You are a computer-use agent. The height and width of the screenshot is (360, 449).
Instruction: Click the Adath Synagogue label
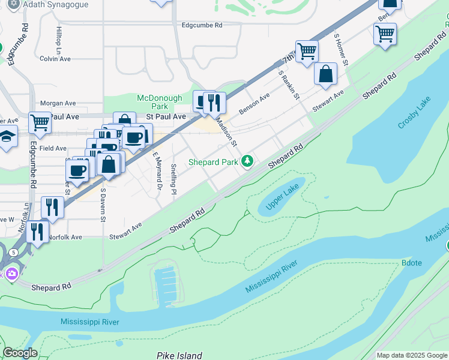[x=56, y=5]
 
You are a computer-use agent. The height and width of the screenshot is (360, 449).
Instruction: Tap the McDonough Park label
[x=159, y=102]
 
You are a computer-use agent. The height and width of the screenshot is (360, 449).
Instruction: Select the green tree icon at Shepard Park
[x=247, y=161]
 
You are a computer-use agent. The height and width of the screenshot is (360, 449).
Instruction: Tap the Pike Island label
[x=179, y=355]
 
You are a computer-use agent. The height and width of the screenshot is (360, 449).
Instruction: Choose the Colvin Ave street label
[x=55, y=59]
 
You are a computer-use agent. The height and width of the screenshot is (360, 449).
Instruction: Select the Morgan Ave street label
[x=58, y=103]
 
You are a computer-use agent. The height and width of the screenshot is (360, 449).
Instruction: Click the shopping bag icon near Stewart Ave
[x=325, y=74]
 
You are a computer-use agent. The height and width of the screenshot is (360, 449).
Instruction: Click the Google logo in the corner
[x=20, y=353]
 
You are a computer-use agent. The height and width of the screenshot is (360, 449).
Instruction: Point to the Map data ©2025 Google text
[x=411, y=355]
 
